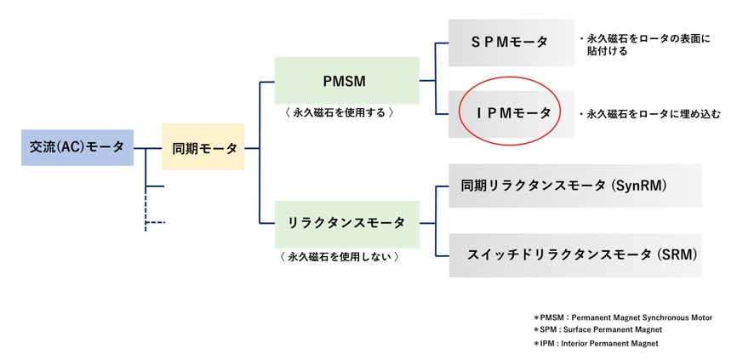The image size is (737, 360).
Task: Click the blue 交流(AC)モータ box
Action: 77,147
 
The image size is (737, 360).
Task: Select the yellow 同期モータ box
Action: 203,147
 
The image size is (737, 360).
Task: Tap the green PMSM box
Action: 346,81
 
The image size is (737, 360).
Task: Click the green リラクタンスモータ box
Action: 346,223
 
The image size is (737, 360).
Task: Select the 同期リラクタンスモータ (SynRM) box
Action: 574,185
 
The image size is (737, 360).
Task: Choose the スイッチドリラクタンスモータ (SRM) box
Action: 574,254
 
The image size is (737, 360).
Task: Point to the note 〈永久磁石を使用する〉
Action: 340,112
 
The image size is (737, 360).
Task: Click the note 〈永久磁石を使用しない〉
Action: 340,255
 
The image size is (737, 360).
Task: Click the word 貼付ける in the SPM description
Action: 606,51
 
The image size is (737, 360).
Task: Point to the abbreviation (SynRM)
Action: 665,185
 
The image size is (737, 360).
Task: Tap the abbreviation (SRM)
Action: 677,254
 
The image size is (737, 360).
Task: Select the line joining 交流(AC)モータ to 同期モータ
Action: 147,147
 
